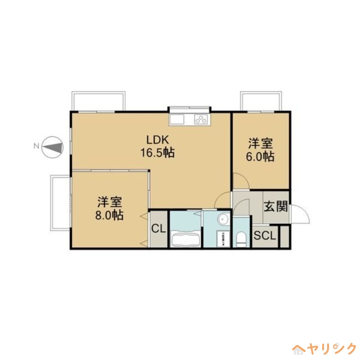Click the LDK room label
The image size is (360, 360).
point(157,139)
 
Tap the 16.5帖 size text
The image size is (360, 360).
point(157,153)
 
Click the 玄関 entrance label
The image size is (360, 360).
point(276,207)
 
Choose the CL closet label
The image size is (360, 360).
point(158,229)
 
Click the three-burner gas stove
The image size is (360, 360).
point(201,119)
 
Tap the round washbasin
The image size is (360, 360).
point(223,219)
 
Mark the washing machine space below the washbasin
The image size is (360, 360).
point(222,238)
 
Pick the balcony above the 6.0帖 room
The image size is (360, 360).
point(261,101)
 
